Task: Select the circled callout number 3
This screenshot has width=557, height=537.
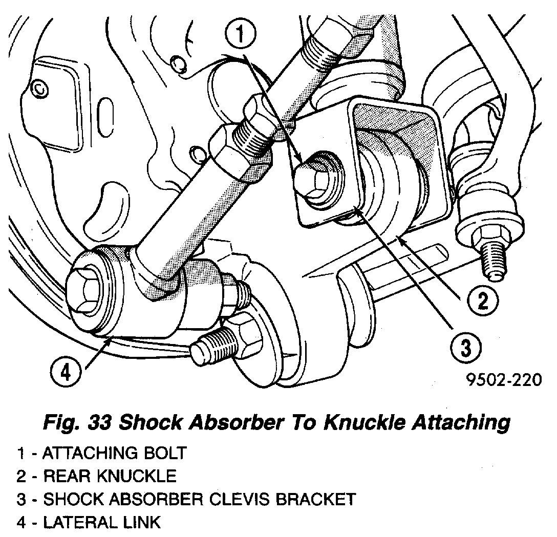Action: (465, 349)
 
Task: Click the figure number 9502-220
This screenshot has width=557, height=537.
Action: (503, 380)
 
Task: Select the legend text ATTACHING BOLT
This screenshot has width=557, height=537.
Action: (114, 453)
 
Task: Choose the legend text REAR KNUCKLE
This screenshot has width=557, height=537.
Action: (110, 476)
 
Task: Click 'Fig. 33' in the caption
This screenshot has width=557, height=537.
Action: (75, 423)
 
